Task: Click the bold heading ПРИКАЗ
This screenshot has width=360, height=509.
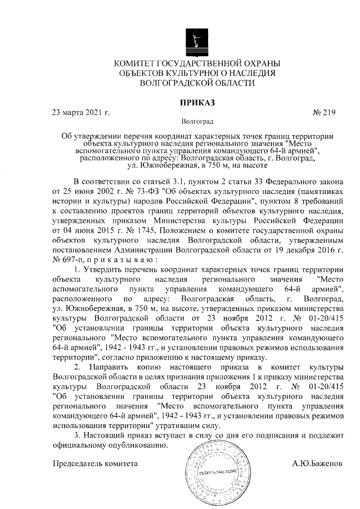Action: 197,102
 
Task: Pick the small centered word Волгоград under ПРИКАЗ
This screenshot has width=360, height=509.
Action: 197,121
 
